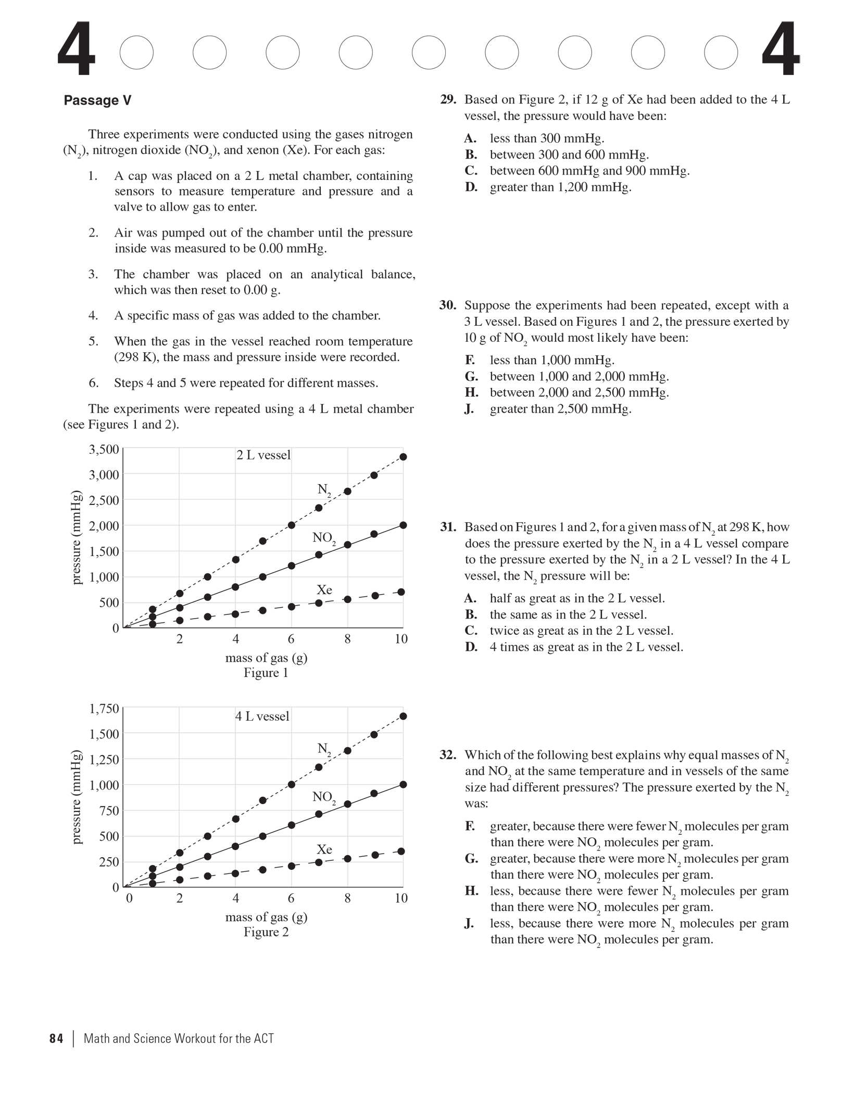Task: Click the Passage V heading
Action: (97, 101)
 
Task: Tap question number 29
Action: (448, 100)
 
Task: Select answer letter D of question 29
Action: (471, 187)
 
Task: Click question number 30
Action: (448, 305)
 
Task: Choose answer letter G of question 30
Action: (471, 376)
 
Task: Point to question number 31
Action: (448, 527)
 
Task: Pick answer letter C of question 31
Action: (471, 631)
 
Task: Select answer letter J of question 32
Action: (469, 923)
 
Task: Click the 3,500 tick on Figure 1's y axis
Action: (104, 449)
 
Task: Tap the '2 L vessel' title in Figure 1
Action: (263, 455)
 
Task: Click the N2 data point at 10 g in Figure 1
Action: (403, 457)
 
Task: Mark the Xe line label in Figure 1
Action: (324, 589)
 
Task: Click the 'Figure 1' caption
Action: (266, 673)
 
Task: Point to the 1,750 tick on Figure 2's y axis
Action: (104, 708)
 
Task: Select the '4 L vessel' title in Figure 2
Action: (262, 716)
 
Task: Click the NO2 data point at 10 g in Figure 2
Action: (403, 784)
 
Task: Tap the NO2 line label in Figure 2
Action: (324, 797)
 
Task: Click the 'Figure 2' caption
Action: (266, 932)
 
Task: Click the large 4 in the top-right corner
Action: (781, 50)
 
